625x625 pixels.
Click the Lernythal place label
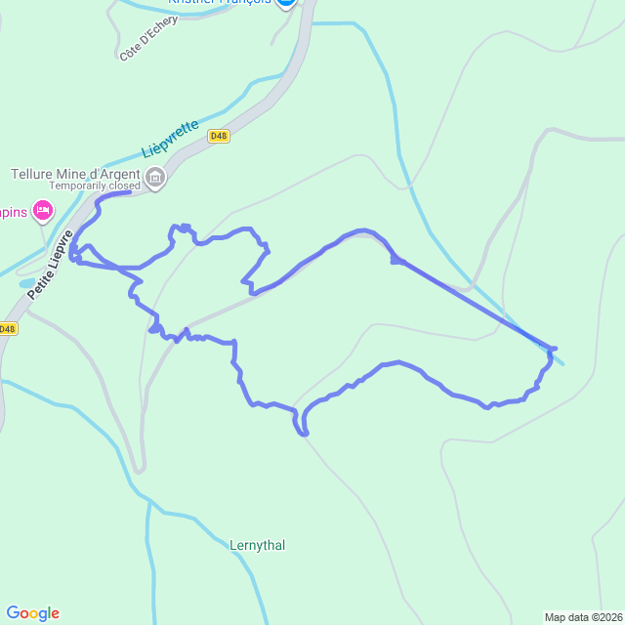[x=258, y=545]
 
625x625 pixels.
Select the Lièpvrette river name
[x=171, y=140]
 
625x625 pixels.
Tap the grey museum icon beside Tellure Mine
[x=155, y=178]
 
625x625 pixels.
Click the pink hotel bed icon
[x=42, y=210]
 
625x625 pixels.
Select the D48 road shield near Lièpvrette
[x=219, y=137]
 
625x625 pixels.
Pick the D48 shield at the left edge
[x=7, y=329]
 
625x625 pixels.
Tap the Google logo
[x=32, y=613]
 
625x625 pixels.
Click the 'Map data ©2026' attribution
[x=583, y=617]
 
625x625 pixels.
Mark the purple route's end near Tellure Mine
[x=129, y=192]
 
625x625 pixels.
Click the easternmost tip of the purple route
[x=555, y=348]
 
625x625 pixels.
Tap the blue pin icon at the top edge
[x=285, y=3]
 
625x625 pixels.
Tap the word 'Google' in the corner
[x=32, y=613]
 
